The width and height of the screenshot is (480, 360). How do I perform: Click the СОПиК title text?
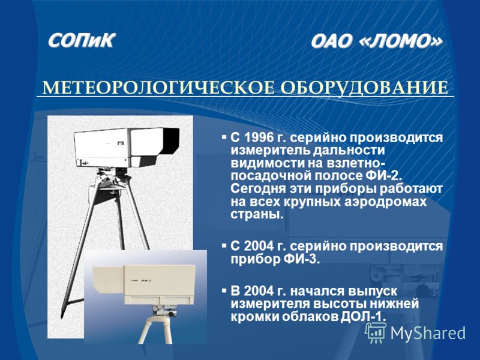click(82, 40)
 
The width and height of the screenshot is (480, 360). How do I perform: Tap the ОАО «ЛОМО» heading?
click(377, 41)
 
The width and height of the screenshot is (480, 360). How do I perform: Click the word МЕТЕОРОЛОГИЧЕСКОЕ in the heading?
click(158, 88)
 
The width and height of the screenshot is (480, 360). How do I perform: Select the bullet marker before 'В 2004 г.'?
click(224, 289)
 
